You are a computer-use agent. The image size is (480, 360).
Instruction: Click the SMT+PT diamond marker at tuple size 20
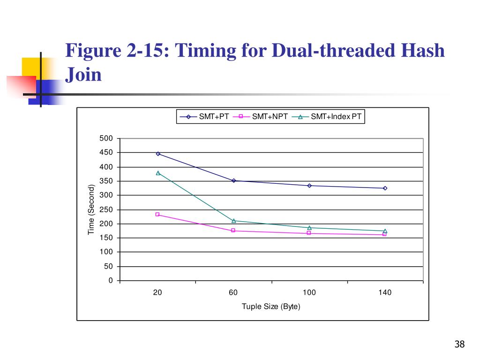click(158, 154)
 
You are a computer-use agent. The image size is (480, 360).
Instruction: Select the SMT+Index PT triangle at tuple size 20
click(158, 173)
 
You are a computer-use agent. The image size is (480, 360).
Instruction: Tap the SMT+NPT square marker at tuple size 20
click(157, 214)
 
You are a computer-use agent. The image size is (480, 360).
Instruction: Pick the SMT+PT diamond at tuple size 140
click(385, 188)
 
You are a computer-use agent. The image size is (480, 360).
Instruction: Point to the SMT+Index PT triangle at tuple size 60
click(234, 221)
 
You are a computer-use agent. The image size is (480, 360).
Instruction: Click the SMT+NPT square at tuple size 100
click(309, 233)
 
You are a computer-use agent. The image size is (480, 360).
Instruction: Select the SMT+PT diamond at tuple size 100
click(309, 186)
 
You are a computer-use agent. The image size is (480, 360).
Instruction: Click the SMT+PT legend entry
click(204, 117)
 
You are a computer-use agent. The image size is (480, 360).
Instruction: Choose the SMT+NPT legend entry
click(260, 117)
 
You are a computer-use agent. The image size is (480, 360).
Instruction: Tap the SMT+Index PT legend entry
click(327, 117)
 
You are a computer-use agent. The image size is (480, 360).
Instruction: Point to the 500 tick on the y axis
click(106, 138)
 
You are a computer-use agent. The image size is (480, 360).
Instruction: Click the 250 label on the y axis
click(106, 210)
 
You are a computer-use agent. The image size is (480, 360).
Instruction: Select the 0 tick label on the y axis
click(111, 280)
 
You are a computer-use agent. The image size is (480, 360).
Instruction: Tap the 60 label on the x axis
click(233, 292)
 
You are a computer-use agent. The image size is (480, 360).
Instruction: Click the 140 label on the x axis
click(385, 292)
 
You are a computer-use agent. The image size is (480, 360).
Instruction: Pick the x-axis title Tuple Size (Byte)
click(271, 307)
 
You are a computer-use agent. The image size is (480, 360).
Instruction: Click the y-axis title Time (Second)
click(91, 210)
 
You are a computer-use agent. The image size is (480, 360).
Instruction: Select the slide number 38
click(459, 344)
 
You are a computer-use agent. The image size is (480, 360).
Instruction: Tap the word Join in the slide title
click(83, 75)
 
